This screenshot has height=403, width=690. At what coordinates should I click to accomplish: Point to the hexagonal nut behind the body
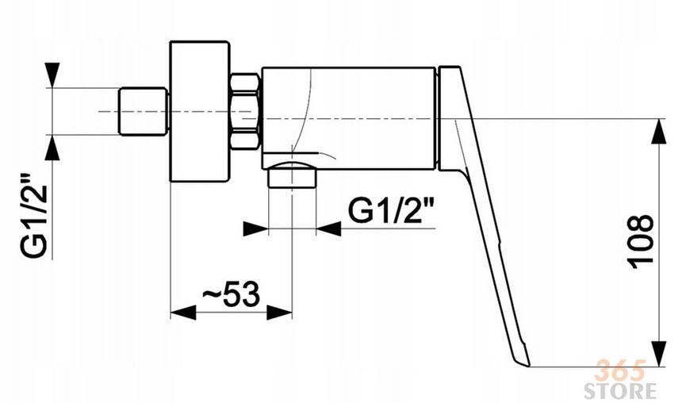click(x=244, y=112)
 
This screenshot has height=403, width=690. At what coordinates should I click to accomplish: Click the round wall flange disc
click(x=200, y=111)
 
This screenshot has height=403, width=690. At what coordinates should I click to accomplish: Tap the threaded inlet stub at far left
click(x=144, y=111)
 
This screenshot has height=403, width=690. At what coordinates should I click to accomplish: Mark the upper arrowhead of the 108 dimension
click(x=658, y=131)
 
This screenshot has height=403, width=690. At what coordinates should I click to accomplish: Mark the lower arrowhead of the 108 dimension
click(x=658, y=354)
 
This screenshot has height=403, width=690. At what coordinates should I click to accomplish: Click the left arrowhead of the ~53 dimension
click(x=182, y=313)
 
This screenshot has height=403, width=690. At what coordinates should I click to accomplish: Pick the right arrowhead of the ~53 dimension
click(x=279, y=313)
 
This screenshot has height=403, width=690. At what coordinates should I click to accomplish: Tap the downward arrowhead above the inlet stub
click(x=52, y=75)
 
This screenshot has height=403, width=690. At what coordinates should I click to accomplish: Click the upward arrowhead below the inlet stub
click(x=52, y=147)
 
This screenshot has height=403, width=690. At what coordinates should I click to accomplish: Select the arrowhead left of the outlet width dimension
click(x=255, y=228)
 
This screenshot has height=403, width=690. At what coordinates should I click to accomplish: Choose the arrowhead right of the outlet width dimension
click(x=328, y=228)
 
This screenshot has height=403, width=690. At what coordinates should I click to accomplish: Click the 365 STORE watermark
click(x=619, y=378)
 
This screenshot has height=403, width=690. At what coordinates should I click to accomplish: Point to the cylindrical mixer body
click(x=348, y=118)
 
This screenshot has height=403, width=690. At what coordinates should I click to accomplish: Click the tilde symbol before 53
click(x=213, y=294)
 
